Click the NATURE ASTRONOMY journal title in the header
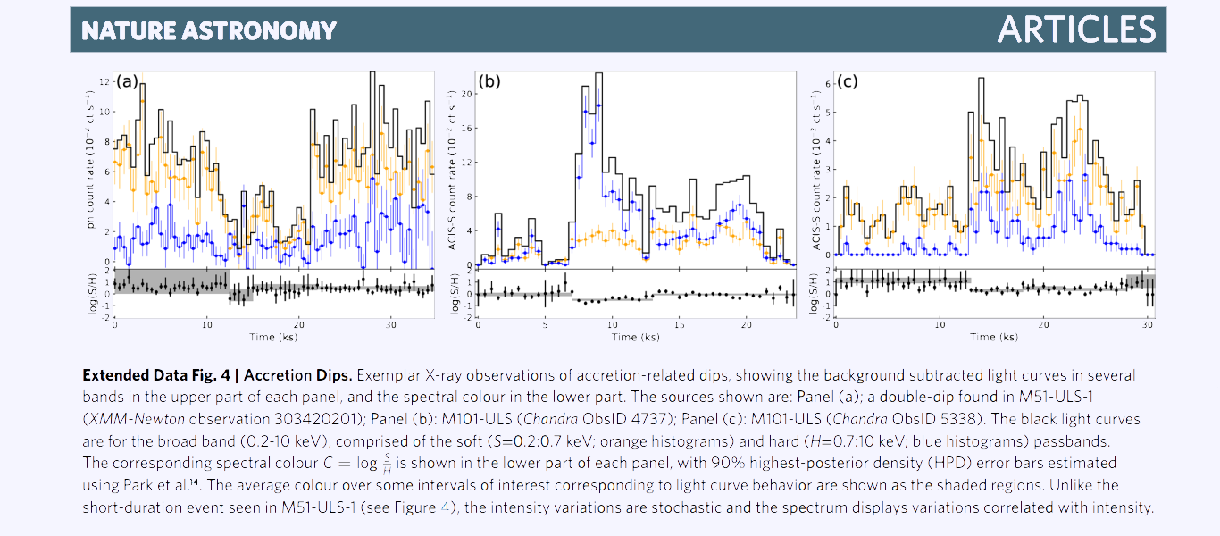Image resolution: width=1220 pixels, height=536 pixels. coord(208,31)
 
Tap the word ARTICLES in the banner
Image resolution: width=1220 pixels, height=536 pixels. coord(1075,29)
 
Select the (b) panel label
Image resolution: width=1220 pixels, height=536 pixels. coord(489,82)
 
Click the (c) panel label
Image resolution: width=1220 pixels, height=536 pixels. coord(846,82)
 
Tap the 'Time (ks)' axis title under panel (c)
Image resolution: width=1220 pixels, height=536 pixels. coord(993,337)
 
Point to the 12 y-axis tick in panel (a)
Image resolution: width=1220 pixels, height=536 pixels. coord(104,81)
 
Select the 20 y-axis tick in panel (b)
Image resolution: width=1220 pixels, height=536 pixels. coord(466,94)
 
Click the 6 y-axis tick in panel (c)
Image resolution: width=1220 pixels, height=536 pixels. coord(827,84)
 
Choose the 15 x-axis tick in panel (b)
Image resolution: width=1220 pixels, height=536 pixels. coord(679,324)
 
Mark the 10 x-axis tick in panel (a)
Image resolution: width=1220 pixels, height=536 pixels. coord(207,324)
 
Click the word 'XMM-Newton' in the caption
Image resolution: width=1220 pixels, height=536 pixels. coord(126,418)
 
